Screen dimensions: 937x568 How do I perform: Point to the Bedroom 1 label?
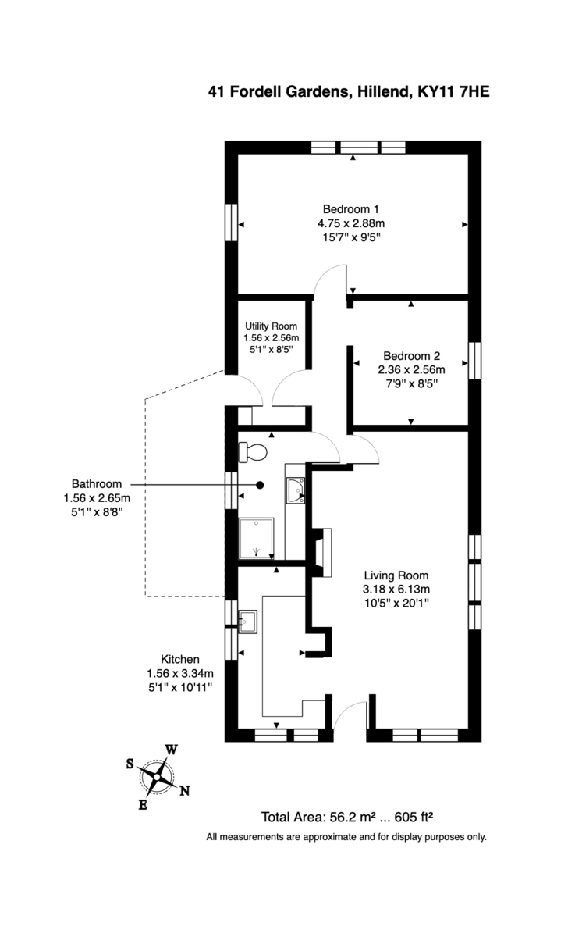pyautogui.click(x=350, y=209)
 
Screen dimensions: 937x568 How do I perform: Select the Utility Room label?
pyautogui.click(x=271, y=326)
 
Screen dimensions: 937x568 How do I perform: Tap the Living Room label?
pyautogui.click(x=396, y=575)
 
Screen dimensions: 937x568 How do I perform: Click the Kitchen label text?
pyautogui.click(x=179, y=659)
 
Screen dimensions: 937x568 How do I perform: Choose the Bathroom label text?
pyautogui.click(x=97, y=483)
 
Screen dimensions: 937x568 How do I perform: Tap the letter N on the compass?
pyautogui.click(x=185, y=790)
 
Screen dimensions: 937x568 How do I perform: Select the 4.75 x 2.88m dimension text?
pyautogui.click(x=350, y=223)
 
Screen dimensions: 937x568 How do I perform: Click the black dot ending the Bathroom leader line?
pyautogui.click(x=260, y=484)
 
